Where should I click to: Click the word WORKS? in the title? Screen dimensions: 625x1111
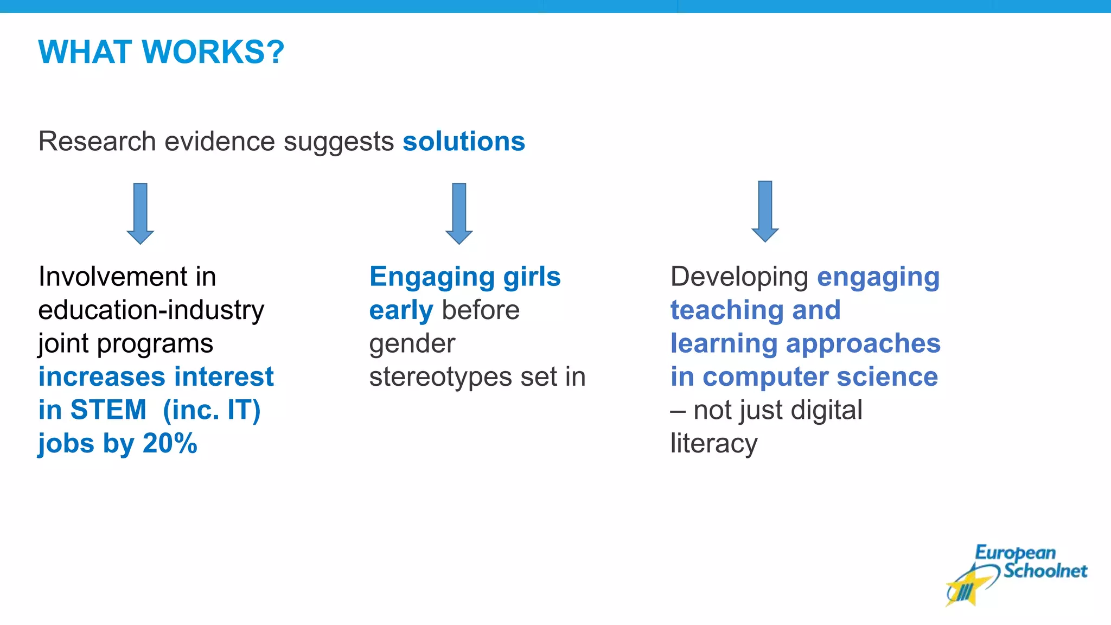(213, 52)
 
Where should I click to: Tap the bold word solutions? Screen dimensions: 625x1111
(463, 142)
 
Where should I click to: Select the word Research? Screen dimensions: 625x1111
(97, 142)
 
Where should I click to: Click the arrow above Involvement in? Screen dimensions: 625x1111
(141, 213)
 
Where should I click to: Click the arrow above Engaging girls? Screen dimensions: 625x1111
(459, 213)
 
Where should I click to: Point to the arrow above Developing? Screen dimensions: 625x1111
(765, 211)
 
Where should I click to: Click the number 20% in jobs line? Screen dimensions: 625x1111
(170, 443)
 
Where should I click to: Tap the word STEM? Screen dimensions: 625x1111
(108, 410)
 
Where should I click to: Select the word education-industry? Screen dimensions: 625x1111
(151, 310)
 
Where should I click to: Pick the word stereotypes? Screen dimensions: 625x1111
(440, 377)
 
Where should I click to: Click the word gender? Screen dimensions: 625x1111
(412, 344)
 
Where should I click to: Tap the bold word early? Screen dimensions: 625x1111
(401, 310)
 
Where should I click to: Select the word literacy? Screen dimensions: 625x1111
(713, 444)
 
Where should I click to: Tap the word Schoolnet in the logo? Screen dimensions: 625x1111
(1045, 571)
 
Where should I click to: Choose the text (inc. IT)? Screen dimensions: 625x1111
(212, 410)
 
